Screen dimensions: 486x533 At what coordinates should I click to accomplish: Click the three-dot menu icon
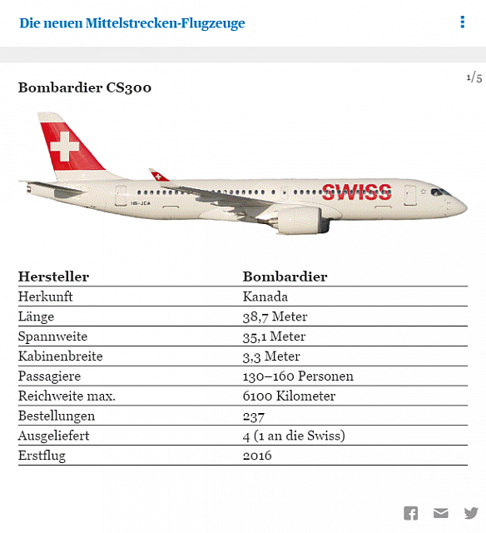coord(463,22)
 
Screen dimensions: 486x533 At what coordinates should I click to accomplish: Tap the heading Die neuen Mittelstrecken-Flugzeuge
coord(132,23)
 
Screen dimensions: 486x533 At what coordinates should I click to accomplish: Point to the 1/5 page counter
coord(474,78)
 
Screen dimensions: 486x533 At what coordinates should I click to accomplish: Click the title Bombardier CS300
coord(85,87)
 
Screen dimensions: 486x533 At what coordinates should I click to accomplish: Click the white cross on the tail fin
coord(65,147)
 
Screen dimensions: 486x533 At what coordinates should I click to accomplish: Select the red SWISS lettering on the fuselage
coord(356,192)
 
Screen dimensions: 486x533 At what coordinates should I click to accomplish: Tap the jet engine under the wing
coord(300,220)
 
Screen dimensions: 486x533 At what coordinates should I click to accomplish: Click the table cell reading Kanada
coord(265,296)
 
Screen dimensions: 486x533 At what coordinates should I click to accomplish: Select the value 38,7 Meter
coord(275,316)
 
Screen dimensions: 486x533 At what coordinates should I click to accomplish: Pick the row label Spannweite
coord(52,336)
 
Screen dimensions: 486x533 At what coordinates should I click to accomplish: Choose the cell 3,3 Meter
coord(271,356)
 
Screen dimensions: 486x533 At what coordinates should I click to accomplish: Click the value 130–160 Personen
coord(298,376)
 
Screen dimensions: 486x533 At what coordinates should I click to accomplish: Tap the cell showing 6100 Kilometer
coord(289,396)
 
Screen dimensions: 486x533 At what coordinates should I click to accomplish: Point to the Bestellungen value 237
coord(254,416)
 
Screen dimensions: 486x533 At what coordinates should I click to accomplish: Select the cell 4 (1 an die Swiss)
coord(294,436)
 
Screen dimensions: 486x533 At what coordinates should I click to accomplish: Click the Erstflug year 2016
coord(257,456)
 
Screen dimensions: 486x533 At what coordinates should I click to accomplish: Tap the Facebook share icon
coord(411,513)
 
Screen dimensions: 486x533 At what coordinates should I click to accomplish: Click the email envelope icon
coord(441,513)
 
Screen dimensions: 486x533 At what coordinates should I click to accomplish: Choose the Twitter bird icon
coord(472,513)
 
